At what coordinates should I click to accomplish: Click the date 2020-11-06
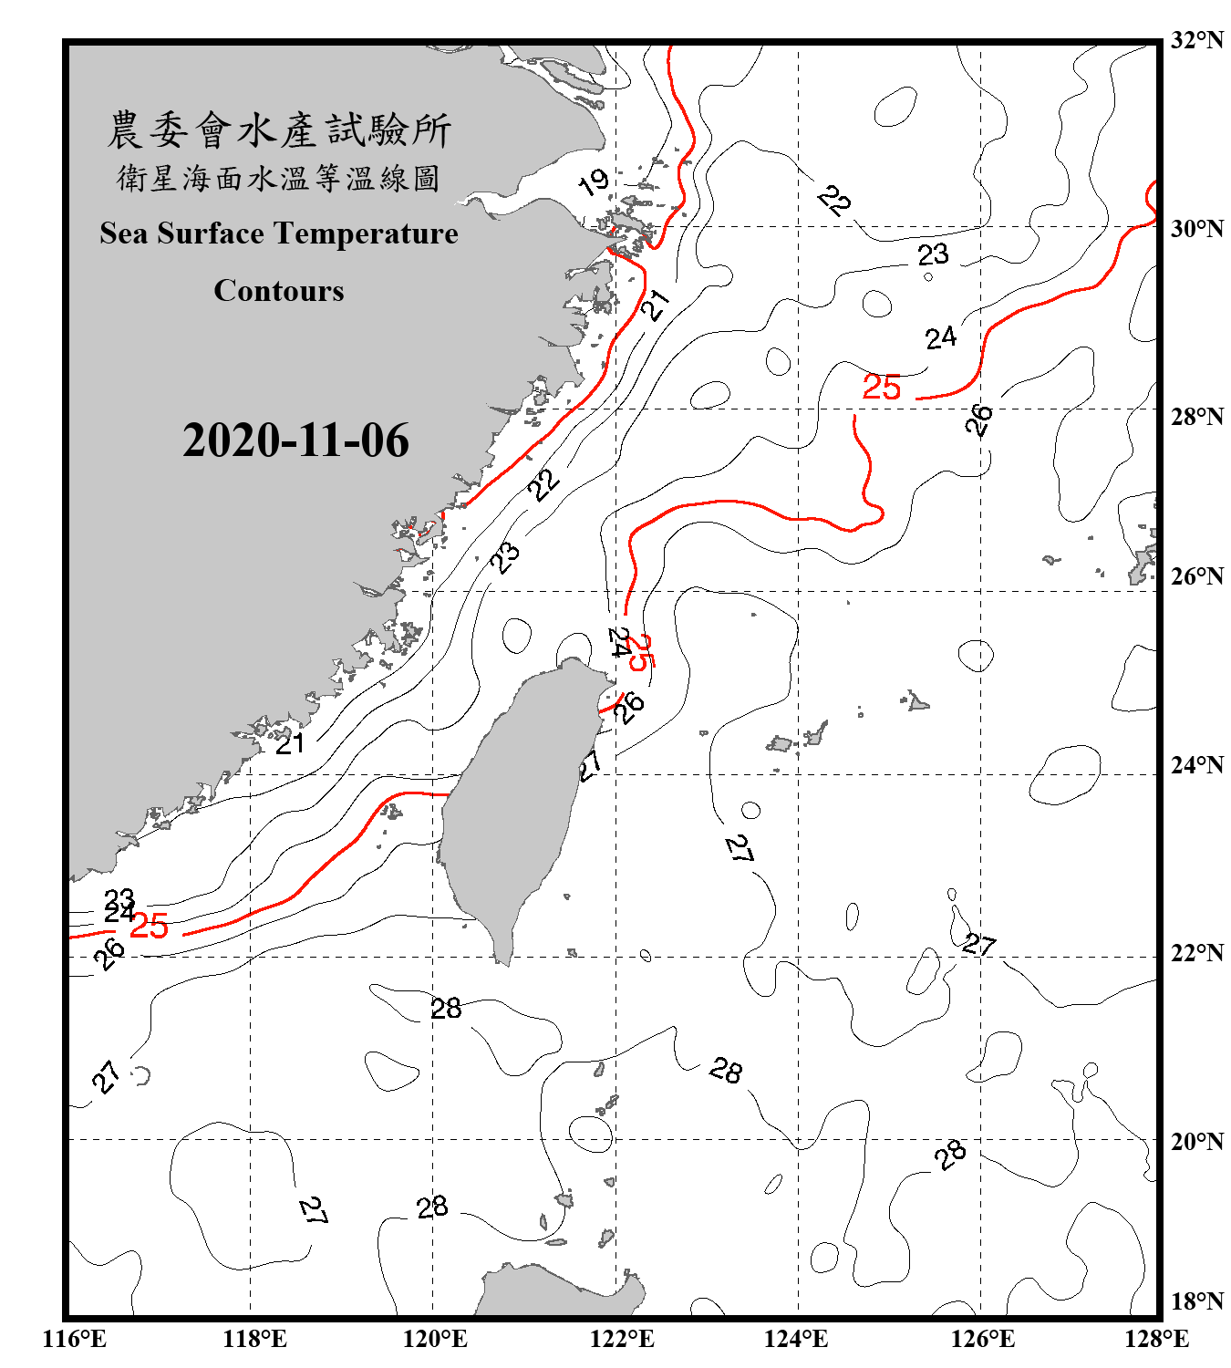tap(295, 440)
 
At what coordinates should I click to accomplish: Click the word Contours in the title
tap(279, 291)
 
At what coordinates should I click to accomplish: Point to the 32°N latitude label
tap(1196, 40)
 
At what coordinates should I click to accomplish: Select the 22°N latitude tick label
tap(1196, 953)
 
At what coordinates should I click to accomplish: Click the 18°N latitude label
tap(1196, 1301)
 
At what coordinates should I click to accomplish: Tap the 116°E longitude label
tap(75, 1339)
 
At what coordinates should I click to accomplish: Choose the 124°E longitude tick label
tap(796, 1339)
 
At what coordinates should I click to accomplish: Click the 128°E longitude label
tap(1156, 1339)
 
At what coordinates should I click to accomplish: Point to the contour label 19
tap(594, 182)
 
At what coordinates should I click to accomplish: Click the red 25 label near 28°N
tap(882, 388)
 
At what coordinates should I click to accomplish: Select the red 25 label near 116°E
tap(149, 927)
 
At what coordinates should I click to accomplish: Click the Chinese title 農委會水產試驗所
tap(279, 130)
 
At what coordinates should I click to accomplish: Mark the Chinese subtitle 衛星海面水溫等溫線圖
tap(279, 179)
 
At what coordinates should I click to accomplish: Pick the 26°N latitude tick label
tap(1196, 576)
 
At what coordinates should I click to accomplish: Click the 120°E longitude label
tap(435, 1339)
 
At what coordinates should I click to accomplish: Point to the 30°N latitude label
tap(1196, 229)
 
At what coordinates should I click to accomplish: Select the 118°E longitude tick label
tap(254, 1339)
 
